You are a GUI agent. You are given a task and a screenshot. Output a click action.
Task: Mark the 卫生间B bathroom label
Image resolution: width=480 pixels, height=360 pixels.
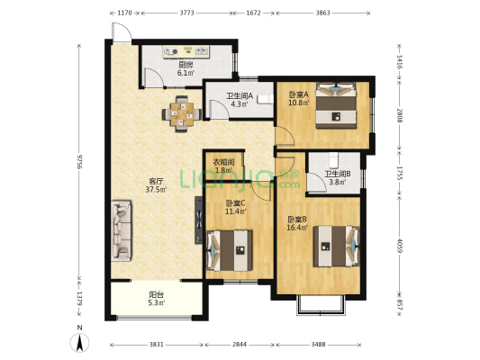coord(337,177)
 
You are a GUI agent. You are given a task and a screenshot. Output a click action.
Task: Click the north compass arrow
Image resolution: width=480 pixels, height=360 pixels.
coord(80,340)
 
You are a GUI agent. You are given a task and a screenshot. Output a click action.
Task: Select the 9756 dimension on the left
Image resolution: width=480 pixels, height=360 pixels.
coord(80,162)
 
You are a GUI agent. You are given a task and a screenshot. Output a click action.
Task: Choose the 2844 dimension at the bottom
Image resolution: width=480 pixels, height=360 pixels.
coord(239,345)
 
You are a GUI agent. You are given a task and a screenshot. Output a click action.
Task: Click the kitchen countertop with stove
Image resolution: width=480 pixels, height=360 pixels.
coord(189,51)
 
